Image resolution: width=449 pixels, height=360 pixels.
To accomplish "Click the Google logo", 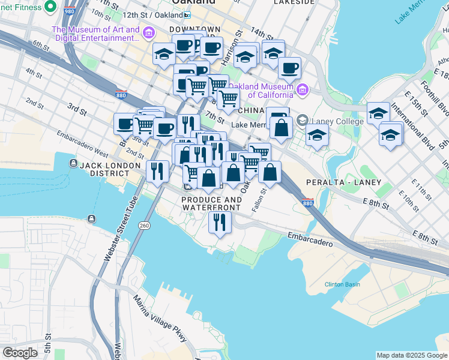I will coord(20,353).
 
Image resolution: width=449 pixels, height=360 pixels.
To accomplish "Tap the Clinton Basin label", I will coord(342,284).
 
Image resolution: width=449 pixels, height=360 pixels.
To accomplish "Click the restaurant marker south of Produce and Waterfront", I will coord(220,222).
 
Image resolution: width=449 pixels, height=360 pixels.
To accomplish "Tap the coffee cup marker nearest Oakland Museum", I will coord(289,68).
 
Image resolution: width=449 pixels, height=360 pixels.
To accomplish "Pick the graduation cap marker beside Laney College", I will coord(317,135).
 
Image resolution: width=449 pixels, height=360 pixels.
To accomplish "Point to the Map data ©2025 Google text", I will coord(412,355).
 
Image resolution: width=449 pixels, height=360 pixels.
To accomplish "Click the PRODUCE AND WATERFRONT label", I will coord(211,203).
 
